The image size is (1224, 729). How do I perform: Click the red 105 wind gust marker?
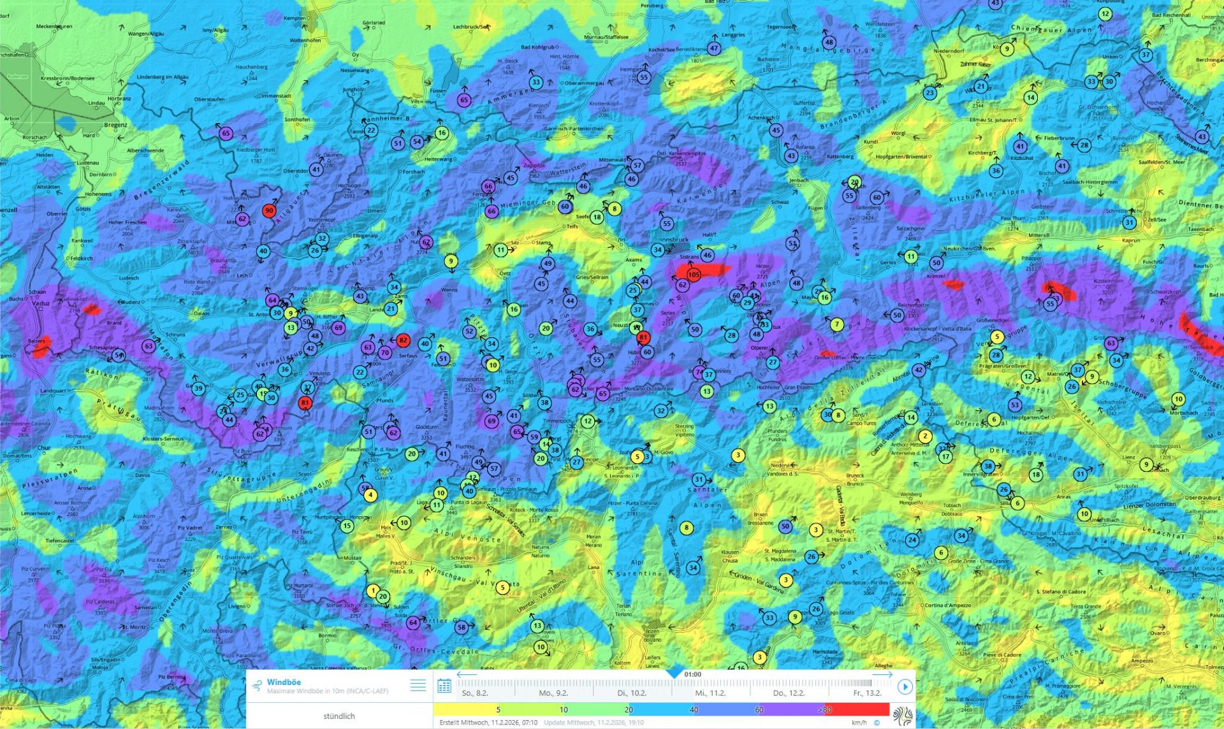[x=694, y=275]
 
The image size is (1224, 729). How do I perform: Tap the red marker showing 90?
[x=269, y=210]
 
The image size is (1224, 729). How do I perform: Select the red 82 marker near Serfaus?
[x=403, y=340]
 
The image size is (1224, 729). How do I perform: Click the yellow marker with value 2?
[x=925, y=436]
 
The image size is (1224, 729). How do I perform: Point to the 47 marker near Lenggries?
[x=714, y=48]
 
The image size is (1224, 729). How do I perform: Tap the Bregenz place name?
[x=116, y=125]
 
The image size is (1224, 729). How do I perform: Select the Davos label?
[x=143, y=475]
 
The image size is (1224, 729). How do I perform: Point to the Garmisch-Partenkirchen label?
[x=573, y=129]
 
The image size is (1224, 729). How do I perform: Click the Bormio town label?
[x=327, y=635]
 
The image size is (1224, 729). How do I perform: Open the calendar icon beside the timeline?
[x=444, y=686]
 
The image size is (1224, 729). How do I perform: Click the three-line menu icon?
[x=418, y=685]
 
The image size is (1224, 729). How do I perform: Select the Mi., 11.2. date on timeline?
[x=710, y=693]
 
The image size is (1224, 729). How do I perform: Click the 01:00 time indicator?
[x=692, y=674]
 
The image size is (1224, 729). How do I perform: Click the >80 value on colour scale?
[x=824, y=709]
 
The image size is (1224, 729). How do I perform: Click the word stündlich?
[x=339, y=716]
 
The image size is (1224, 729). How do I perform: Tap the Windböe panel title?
[x=284, y=682]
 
